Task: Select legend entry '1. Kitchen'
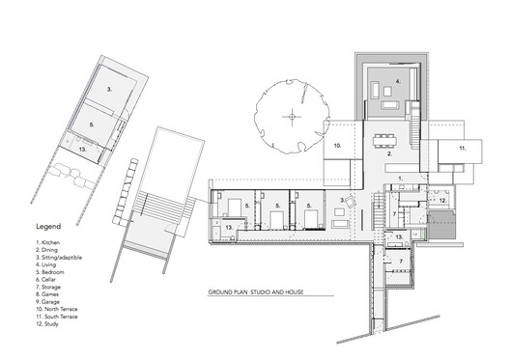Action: (x=47, y=241)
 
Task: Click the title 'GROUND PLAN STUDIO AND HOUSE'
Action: (x=269, y=291)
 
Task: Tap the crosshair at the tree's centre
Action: (x=289, y=118)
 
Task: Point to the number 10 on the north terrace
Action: (x=339, y=147)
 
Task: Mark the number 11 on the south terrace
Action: (x=463, y=150)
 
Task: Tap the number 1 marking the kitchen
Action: (x=401, y=180)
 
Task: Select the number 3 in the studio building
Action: (x=110, y=89)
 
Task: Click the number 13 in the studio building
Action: (x=83, y=150)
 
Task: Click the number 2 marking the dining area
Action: (x=389, y=154)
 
